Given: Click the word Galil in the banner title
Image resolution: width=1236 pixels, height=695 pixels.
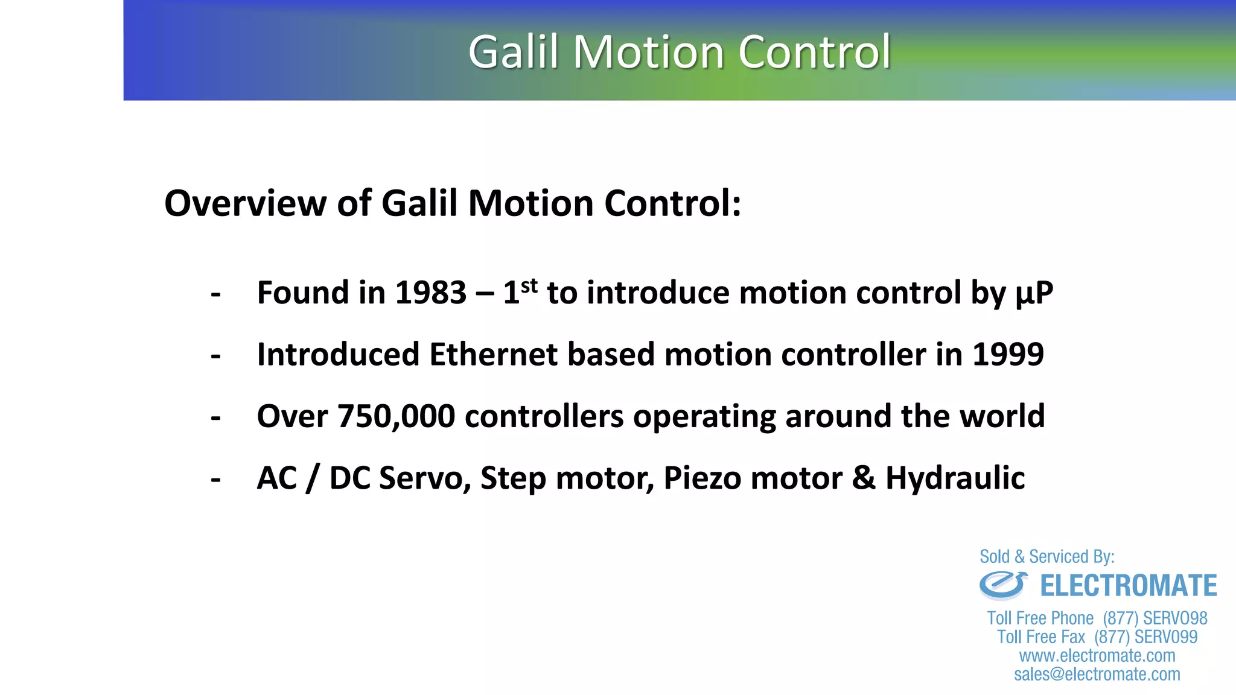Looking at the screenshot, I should click(513, 52).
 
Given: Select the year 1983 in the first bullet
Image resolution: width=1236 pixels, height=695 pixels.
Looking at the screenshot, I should click(430, 293).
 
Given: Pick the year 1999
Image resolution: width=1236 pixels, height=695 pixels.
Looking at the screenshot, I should click(1008, 355).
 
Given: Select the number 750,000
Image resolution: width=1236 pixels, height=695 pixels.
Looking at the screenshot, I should click(395, 417).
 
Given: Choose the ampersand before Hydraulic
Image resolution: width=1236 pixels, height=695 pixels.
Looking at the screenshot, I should click(864, 478).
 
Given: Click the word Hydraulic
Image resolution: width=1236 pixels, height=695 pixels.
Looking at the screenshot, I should click(955, 478).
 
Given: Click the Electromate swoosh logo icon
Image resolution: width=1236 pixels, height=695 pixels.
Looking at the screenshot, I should click(1002, 585).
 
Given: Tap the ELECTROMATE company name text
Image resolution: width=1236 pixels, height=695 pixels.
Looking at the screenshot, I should click(1128, 586).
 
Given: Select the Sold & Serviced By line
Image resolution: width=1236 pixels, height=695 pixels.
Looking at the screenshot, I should click(1046, 556).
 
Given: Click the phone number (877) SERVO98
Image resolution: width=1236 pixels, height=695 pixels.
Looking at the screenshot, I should click(1155, 618).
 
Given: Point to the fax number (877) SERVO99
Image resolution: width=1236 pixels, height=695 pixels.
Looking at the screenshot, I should click(1145, 637).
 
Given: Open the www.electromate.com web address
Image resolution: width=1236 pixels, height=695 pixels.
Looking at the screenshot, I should click(1097, 656).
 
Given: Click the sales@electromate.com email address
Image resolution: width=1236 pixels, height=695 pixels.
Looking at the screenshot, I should click(1097, 674).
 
